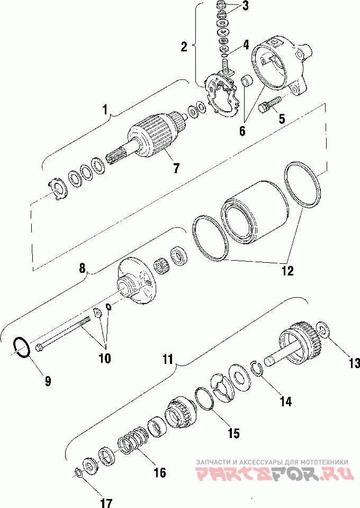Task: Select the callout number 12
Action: [287, 271]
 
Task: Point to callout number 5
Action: [282, 119]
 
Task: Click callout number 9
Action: [48, 380]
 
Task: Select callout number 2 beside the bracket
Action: [184, 47]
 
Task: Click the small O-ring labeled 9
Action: [21, 348]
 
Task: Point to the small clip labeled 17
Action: [77, 472]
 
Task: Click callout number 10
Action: [104, 358]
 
